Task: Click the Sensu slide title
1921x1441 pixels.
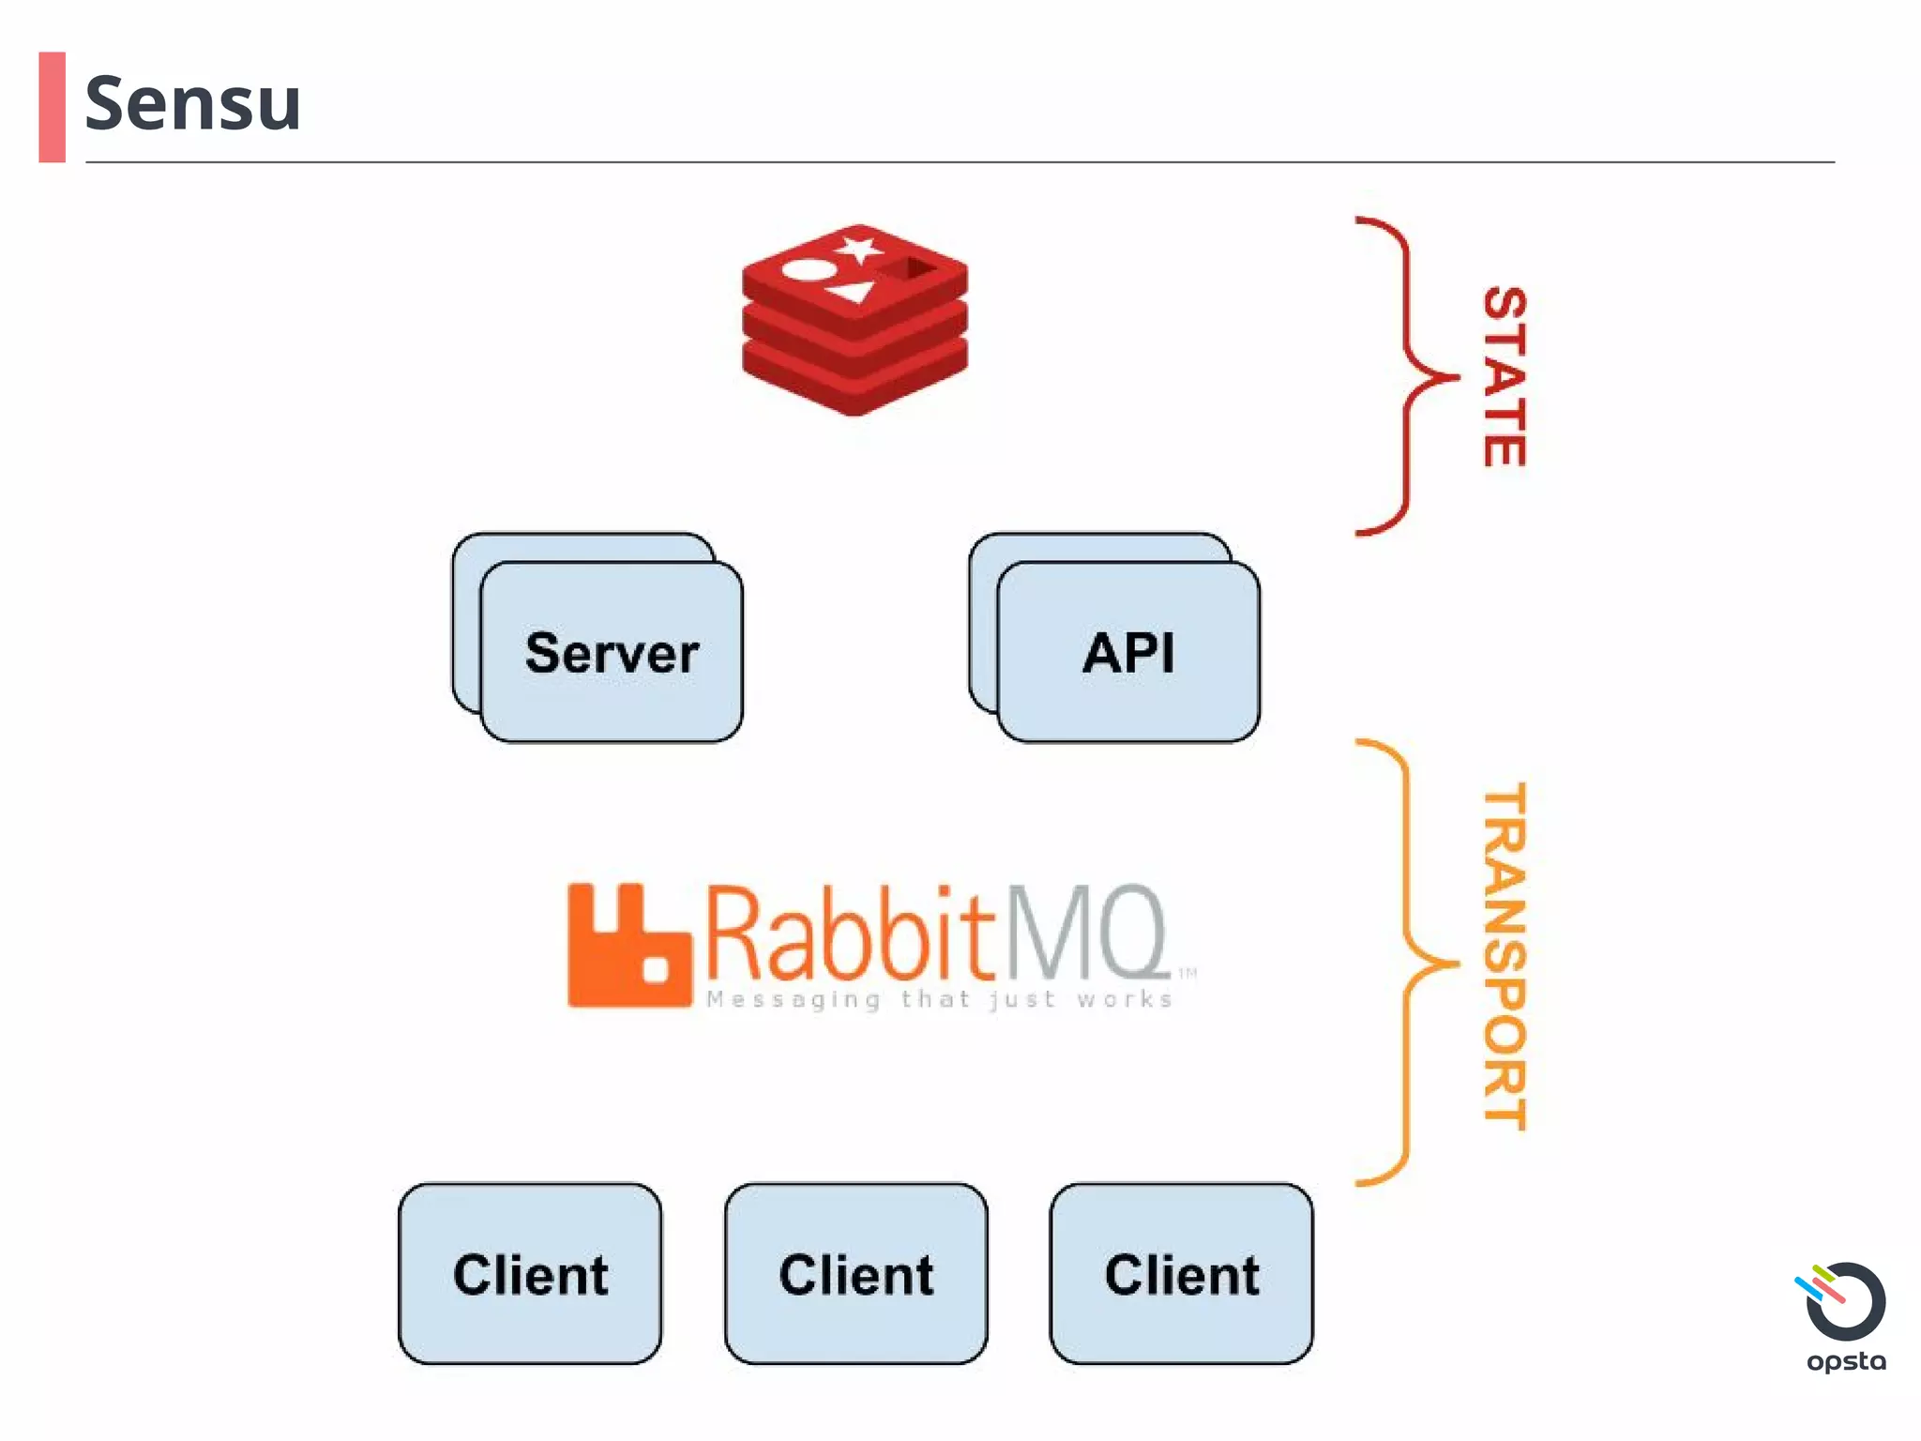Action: click(x=192, y=103)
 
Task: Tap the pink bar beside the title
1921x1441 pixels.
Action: click(x=53, y=107)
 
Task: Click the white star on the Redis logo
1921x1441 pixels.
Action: click(x=859, y=250)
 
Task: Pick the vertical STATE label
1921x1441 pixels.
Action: click(x=1505, y=376)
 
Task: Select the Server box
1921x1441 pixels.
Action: click(x=612, y=652)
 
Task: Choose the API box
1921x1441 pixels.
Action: click(x=1128, y=652)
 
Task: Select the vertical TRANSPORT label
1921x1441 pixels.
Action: click(x=1505, y=957)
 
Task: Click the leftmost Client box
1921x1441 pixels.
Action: click(x=530, y=1273)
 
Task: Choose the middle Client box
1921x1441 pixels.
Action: click(x=855, y=1273)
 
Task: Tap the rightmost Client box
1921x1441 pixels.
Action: click(x=1181, y=1273)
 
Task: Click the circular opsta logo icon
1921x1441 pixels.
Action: click(x=1844, y=1301)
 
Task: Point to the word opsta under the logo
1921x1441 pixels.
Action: click(x=1846, y=1361)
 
